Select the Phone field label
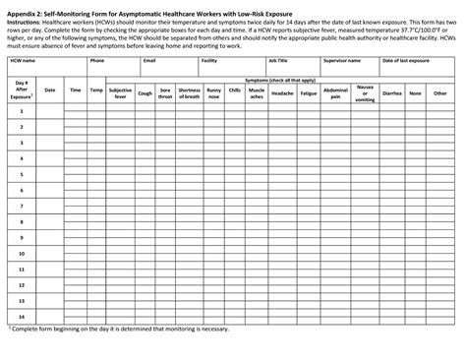(x=97, y=61)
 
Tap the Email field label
(x=149, y=61)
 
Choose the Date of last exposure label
(x=405, y=61)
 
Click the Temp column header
(x=95, y=90)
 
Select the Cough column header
(x=145, y=90)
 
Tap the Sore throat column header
(x=165, y=92)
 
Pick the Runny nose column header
(x=213, y=92)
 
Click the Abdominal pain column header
(x=335, y=92)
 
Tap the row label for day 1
(x=22, y=112)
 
